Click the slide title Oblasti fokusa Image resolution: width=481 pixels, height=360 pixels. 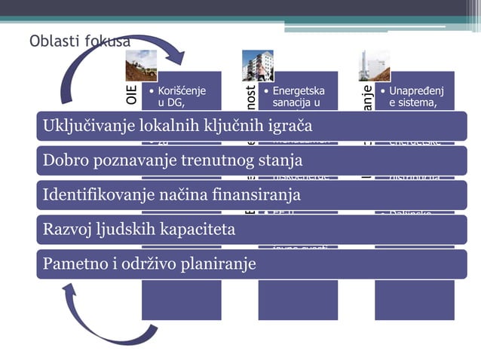(x=79, y=40)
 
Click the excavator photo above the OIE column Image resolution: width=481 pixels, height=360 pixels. (x=141, y=66)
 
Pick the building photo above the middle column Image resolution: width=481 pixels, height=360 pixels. (x=257, y=66)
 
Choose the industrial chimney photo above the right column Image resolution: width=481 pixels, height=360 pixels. (x=375, y=66)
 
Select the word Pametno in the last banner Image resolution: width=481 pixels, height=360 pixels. (x=72, y=264)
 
